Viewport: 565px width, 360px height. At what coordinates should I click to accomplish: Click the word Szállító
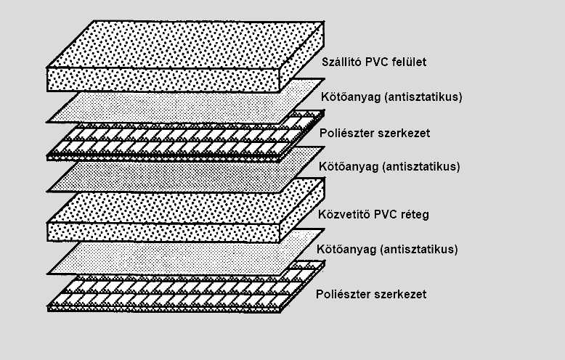point(341,62)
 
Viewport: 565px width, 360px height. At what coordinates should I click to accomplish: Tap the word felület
point(410,62)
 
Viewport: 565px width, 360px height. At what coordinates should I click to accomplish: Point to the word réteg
point(414,216)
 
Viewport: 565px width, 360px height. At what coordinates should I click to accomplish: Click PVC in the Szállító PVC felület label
point(377,62)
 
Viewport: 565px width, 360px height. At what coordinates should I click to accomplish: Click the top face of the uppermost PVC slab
point(186,44)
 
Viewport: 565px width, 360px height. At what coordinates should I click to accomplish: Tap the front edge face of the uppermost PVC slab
point(163,80)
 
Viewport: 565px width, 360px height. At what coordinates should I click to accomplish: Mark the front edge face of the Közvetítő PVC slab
point(163,232)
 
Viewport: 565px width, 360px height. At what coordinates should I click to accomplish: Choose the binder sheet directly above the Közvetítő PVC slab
point(186,169)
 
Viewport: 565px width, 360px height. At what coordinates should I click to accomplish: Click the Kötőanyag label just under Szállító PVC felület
point(391,97)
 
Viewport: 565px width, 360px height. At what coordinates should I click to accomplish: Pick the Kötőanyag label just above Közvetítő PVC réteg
point(389,167)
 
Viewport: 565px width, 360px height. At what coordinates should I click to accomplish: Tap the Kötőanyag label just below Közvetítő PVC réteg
point(387,249)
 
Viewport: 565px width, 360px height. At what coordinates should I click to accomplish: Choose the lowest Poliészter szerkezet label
point(371,294)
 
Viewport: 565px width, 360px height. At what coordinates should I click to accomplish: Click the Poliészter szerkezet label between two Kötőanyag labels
point(375,134)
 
